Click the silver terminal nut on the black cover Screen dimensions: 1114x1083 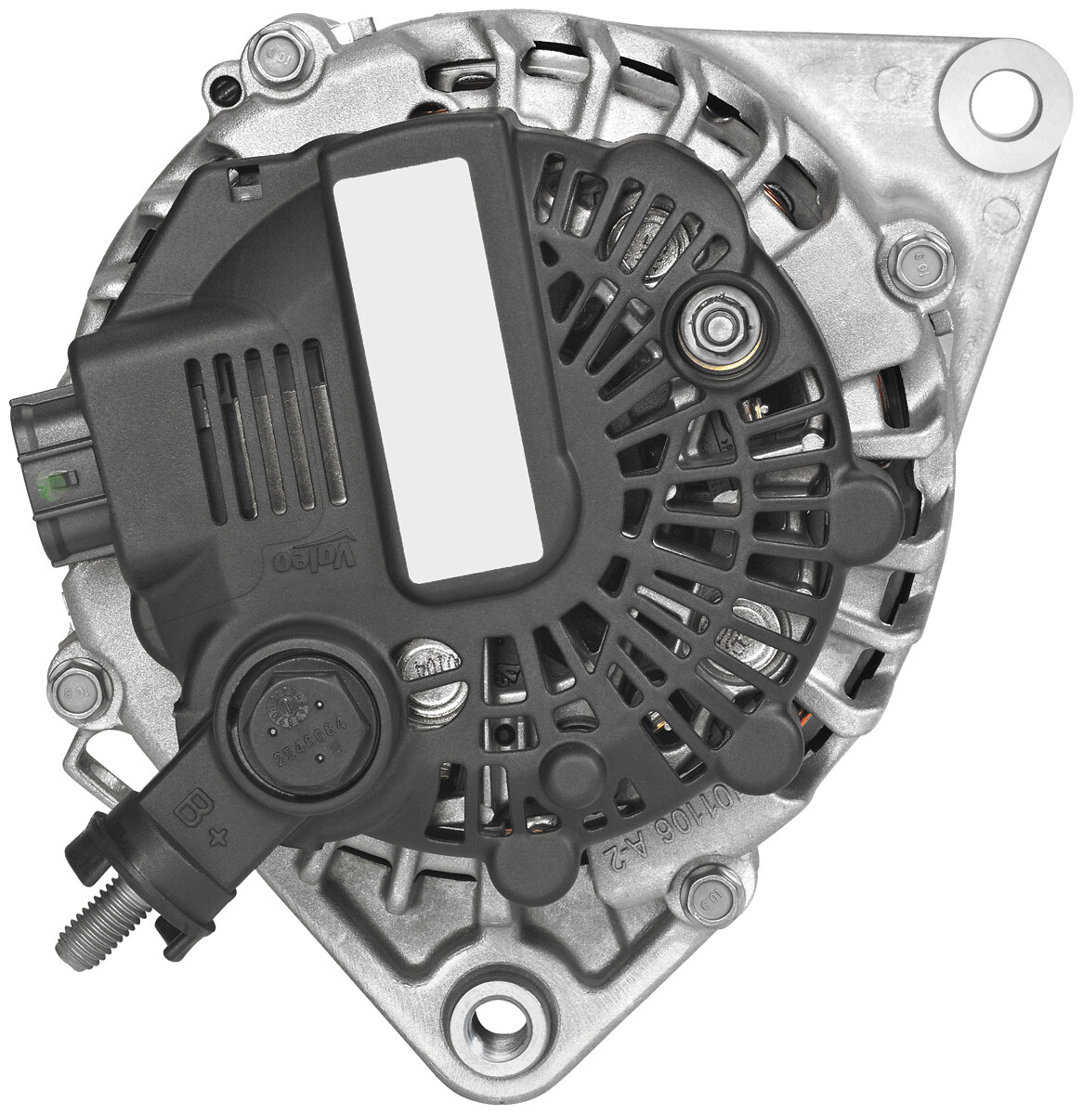(720, 326)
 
